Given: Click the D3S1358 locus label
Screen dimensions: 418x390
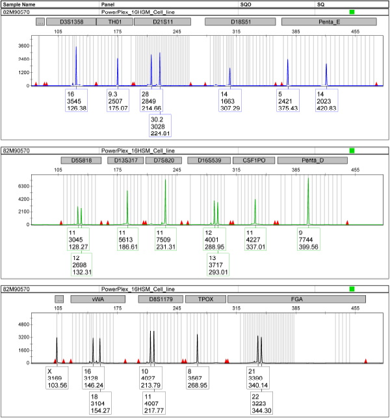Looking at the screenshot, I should pyautogui.click(x=68, y=22).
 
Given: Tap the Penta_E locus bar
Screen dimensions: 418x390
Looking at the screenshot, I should pyautogui.click(x=330, y=22).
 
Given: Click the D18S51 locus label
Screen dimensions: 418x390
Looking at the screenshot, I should pyautogui.click(x=237, y=22).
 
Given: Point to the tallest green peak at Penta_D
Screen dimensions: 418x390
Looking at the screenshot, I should pyautogui.click(x=308, y=179).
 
